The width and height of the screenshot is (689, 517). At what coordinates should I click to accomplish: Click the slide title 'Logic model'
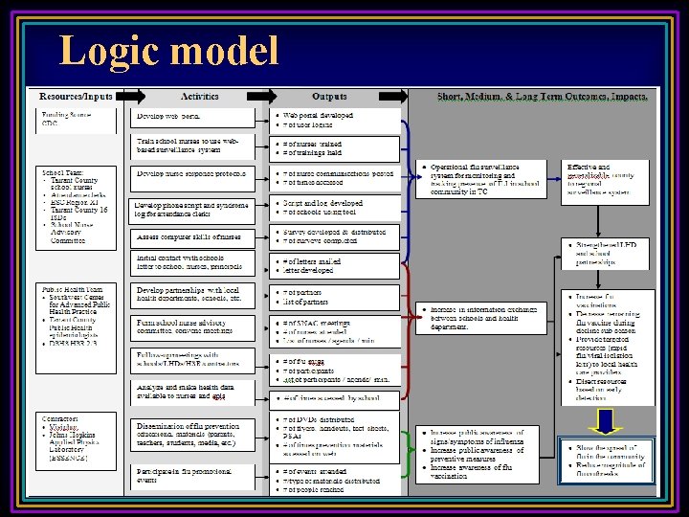click(x=168, y=50)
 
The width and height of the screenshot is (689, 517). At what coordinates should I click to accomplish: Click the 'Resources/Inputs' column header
click(x=76, y=97)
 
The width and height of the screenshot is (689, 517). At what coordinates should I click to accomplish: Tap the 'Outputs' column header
click(x=328, y=97)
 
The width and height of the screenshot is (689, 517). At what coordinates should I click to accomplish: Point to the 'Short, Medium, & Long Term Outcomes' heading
click(x=542, y=97)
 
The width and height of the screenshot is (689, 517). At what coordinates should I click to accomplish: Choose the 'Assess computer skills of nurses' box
click(x=193, y=235)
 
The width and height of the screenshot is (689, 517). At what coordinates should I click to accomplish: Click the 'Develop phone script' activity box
click(x=193, y=210)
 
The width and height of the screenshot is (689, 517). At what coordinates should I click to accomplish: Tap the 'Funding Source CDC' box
click(x=77, y=119)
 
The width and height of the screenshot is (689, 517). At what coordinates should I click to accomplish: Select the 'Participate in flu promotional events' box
click(x=193, y=476)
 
